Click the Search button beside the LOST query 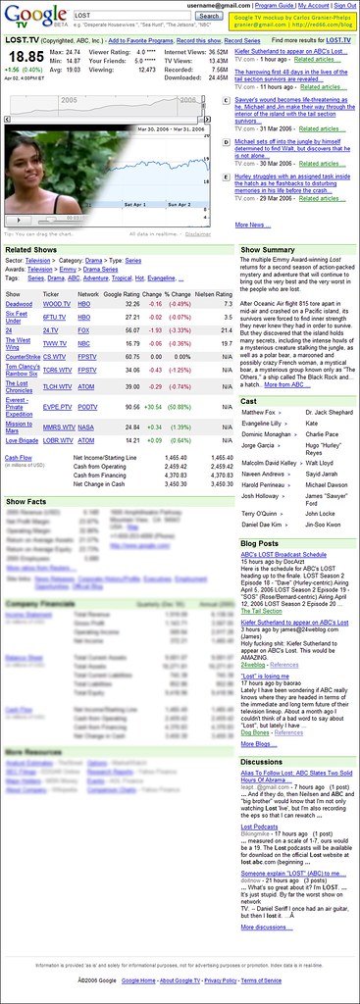208,16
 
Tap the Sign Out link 341,5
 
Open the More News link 251,225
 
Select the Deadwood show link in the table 19,304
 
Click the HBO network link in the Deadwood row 85,304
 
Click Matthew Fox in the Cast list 258,413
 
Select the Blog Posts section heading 259,542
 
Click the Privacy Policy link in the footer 221,979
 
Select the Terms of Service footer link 262,979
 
